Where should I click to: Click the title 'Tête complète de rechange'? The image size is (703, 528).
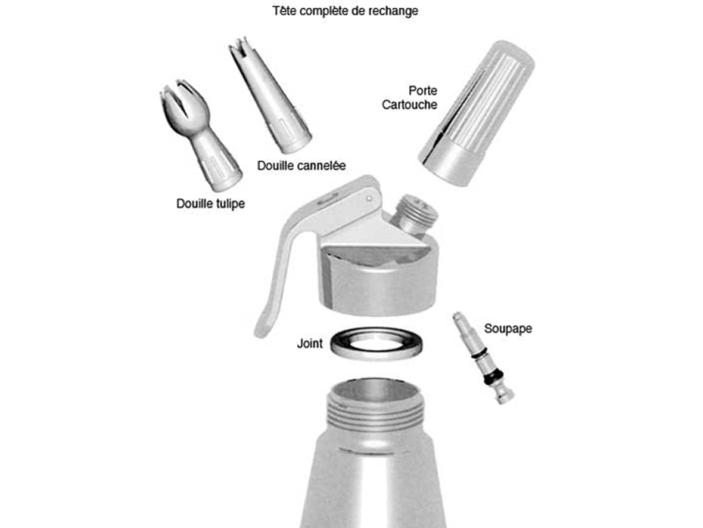click(x=345, y=11)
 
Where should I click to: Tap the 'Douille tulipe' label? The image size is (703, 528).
click(x=210, y=203)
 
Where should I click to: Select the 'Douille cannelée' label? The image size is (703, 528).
click(x=301, y=166)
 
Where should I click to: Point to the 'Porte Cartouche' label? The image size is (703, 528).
click(x=409, y=97)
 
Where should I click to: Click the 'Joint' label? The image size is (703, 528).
click(x=310, y=344)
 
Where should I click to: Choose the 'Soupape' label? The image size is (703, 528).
click(x=508, y=328)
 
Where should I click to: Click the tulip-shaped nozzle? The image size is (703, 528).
click(x=200, y=134)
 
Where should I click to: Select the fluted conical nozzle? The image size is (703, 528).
click(x=270, y=94)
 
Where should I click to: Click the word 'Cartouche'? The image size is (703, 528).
click(x=409, y=104)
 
